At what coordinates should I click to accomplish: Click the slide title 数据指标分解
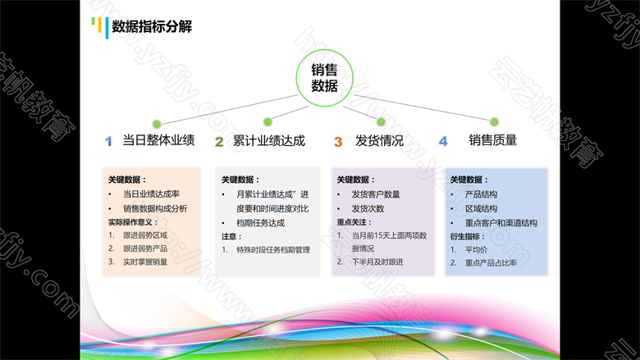pyautogui.click(x=152, y=27)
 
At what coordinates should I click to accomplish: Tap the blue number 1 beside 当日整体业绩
pyautogui.click(x=108, y=142)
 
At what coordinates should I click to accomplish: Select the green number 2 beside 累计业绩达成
pyautogui.click(x=219, y=142)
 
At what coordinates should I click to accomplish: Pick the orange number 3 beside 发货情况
pyautogui.click(x=338, y=142)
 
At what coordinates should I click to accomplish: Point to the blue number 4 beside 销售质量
pyautogui.click(x=443, y=142)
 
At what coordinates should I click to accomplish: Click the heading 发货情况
pyautogui.click(x=380, y=141)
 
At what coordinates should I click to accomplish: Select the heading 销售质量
pyautogui.click(x=493, y=140)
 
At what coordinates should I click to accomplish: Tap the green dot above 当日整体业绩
pyautogui.click(x=157, y=124)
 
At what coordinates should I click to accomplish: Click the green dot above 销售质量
pyautogui.click(x=494, y=121)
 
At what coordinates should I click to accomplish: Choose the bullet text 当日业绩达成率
pyautogui.click(x=152, y=194)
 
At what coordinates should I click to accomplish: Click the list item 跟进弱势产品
pyautogui.click(x=145, y=248)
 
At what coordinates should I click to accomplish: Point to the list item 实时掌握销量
pyautogui.click(x=145, y=262)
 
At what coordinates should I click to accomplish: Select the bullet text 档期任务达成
pyautogui.click(x=260, y=223)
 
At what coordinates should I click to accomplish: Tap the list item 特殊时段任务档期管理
pyautogui.click(x=273, y=250)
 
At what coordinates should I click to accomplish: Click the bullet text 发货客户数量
pyautogui.click(x=376, y=194)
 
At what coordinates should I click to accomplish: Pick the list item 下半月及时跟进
pyautogui.click(x=377, y=262)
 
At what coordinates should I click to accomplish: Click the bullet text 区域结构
pyautogui.click(x=481, y=209)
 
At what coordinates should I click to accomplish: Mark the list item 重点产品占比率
pyautogui.click(x=491, y=263)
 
